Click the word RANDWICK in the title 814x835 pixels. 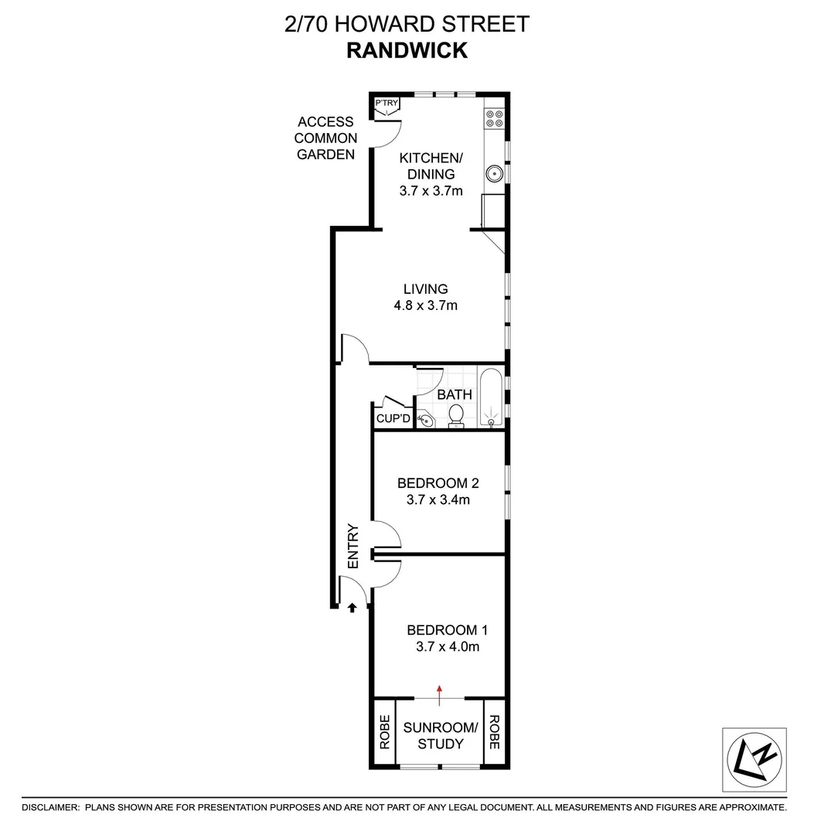(407, 50)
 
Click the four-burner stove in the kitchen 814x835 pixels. (494, 118)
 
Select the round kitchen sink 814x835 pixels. (495, 174)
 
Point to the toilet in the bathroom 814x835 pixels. (457, 415)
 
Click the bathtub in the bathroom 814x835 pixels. (490, 398)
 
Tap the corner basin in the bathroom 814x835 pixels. (424, 420)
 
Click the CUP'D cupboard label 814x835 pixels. (393, 418)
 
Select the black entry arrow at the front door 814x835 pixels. (352, 608)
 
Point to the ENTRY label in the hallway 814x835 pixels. (354, 547)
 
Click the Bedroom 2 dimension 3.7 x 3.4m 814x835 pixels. (438, 500)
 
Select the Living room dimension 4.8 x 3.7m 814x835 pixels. (426, 305)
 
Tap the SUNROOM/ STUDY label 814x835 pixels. (440, 735)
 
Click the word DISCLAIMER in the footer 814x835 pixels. (50, 807)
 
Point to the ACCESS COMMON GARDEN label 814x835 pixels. (326, 138)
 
